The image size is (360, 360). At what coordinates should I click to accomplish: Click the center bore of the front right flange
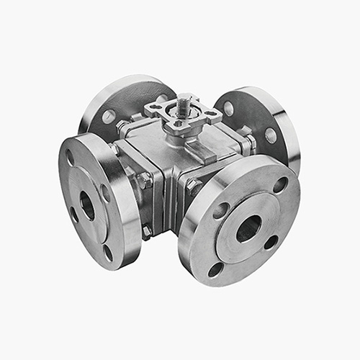tap(248, 228)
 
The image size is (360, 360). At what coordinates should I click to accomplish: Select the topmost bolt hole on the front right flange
tap(279, 184)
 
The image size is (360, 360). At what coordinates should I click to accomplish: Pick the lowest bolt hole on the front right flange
tap(215, 270)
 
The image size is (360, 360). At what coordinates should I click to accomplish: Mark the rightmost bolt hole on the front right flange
tap(271, 242)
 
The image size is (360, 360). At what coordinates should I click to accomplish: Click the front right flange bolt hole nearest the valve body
tap(221, 210)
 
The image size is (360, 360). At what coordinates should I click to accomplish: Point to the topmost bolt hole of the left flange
tap(70, 158)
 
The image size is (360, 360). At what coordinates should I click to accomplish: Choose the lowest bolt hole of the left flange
tap(108, 253)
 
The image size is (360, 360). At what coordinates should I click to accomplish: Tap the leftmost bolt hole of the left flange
tap(74, 214)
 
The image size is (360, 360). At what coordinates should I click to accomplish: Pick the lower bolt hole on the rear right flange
tap(271, 135)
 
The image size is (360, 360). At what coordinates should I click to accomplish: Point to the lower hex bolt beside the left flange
tap(147, 230)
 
